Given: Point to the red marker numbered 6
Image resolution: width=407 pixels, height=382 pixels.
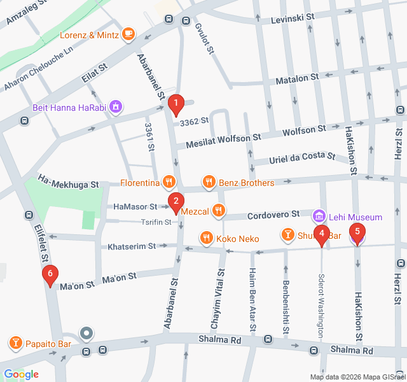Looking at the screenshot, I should coord(50,275).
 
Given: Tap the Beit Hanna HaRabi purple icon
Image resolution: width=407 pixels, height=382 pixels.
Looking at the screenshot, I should coord(116,106).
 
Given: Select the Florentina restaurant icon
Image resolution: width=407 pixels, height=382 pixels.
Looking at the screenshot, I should coord(168,183).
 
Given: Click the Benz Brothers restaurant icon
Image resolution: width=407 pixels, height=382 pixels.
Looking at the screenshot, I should coord(209,183).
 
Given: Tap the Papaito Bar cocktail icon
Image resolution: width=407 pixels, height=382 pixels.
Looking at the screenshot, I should coord(15,344).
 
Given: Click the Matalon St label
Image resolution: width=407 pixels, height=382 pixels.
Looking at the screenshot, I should coord(296,79).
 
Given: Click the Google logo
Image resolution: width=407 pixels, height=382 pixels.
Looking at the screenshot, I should coord(21,374).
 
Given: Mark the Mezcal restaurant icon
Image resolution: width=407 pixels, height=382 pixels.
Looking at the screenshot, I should coord(219,209).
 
